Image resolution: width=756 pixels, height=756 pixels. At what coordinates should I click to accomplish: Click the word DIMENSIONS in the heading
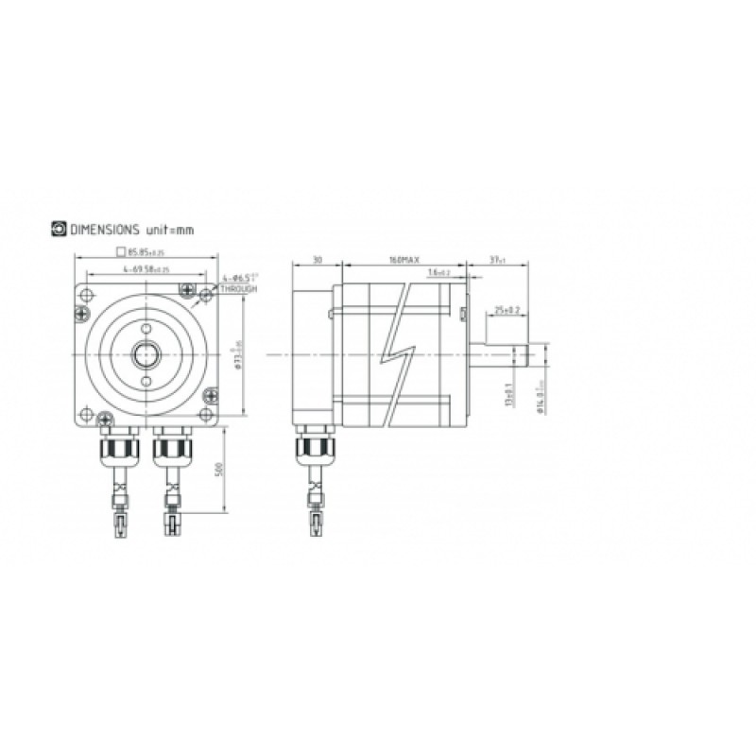105,230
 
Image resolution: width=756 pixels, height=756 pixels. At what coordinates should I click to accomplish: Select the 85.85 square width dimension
145,252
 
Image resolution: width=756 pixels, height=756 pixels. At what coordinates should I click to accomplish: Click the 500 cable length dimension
219,470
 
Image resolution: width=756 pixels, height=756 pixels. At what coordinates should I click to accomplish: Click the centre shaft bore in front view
146,355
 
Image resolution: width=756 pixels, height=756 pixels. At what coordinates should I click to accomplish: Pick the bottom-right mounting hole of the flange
208,416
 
